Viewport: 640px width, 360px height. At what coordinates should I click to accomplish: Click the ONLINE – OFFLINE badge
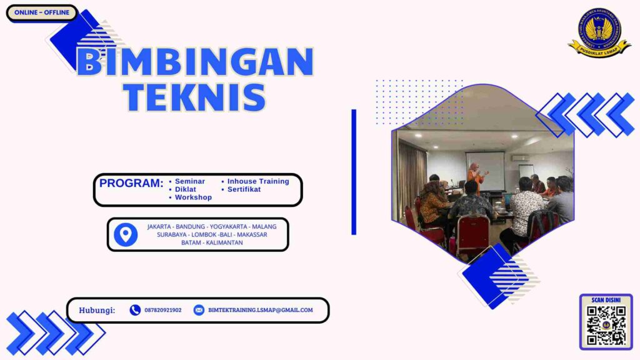pos(42,12)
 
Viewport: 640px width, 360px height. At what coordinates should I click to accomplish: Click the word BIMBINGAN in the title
pos(194,62)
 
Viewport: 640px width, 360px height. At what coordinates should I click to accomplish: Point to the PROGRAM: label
pos(131,184)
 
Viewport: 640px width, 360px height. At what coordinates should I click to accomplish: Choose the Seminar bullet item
pos(189,181)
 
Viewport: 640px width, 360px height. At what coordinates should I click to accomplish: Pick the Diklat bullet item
pos(185,189)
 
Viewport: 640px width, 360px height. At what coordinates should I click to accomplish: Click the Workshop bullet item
pos(193,197)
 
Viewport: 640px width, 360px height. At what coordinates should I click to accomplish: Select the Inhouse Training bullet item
pos(257,181)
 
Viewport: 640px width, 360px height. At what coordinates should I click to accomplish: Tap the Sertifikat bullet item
pos(244,189)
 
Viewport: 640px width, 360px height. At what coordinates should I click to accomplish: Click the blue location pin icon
pos(126,234)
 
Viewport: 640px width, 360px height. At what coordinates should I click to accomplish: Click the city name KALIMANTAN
pos(222,242)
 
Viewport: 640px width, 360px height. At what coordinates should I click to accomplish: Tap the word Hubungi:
pos(97,310)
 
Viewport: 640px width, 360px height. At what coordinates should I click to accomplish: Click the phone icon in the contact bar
pos(135,310)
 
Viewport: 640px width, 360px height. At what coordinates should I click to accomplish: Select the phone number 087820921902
pos(163,310)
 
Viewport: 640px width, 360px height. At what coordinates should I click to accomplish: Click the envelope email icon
pos(199,310)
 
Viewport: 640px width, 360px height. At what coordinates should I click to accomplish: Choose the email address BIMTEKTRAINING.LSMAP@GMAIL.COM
pos(261,310)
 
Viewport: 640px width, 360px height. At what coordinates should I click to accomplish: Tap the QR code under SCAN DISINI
pos(606,325)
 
